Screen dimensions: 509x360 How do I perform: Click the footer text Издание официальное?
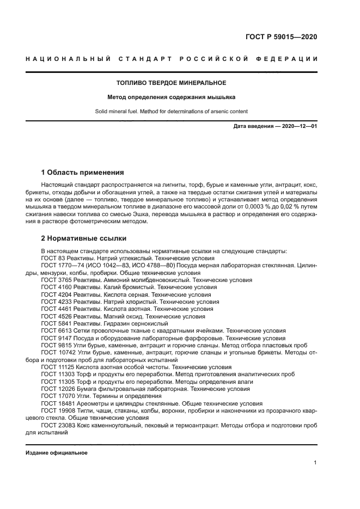[x=56, y=453]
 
